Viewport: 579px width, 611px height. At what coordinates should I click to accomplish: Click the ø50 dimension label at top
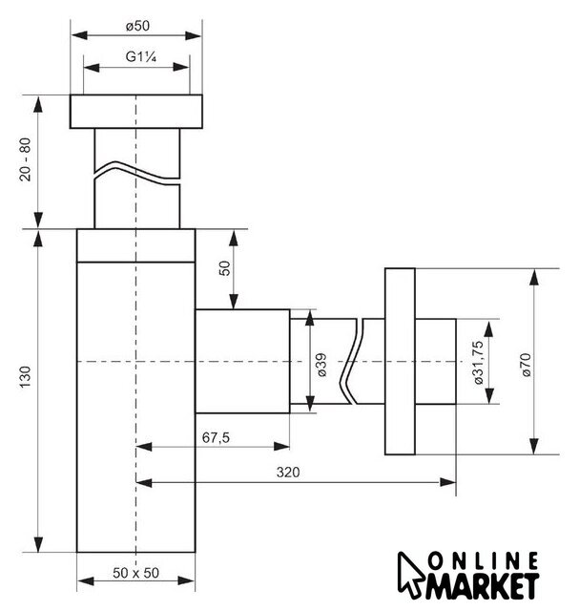click(137, 26)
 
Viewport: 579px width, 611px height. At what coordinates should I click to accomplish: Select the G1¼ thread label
click(141, 57)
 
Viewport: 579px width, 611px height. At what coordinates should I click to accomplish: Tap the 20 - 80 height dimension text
click(26, 159)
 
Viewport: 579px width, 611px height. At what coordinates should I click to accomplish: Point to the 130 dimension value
click(26, 377)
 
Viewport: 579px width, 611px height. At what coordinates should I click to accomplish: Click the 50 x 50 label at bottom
click(135, 573)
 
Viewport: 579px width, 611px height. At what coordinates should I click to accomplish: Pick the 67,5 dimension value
click(216, 437)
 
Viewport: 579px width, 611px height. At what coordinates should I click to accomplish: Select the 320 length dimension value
click(288, 473)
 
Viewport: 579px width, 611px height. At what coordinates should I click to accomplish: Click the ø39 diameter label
click(322, 365)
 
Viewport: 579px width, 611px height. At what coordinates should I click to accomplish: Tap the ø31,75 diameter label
click(479, 363)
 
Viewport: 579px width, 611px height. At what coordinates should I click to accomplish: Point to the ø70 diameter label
click(526, 365)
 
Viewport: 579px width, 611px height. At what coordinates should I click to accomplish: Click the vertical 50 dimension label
click(225, 268)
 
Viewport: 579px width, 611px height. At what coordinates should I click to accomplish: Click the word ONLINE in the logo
click(484, 561)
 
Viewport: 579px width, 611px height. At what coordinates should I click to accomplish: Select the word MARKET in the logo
click(482, 586)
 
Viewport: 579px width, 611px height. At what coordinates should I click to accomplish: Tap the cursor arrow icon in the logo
click(410, 575)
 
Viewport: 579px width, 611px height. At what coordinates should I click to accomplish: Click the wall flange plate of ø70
click(400, 361)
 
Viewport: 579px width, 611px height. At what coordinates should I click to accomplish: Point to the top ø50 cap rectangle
click(136, 112)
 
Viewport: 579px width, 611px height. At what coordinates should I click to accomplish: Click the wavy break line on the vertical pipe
click(137, 174)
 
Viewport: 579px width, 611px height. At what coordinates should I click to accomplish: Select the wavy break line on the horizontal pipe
click(352, 361)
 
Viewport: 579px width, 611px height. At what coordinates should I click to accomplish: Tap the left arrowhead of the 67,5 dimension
click(144, 447)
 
